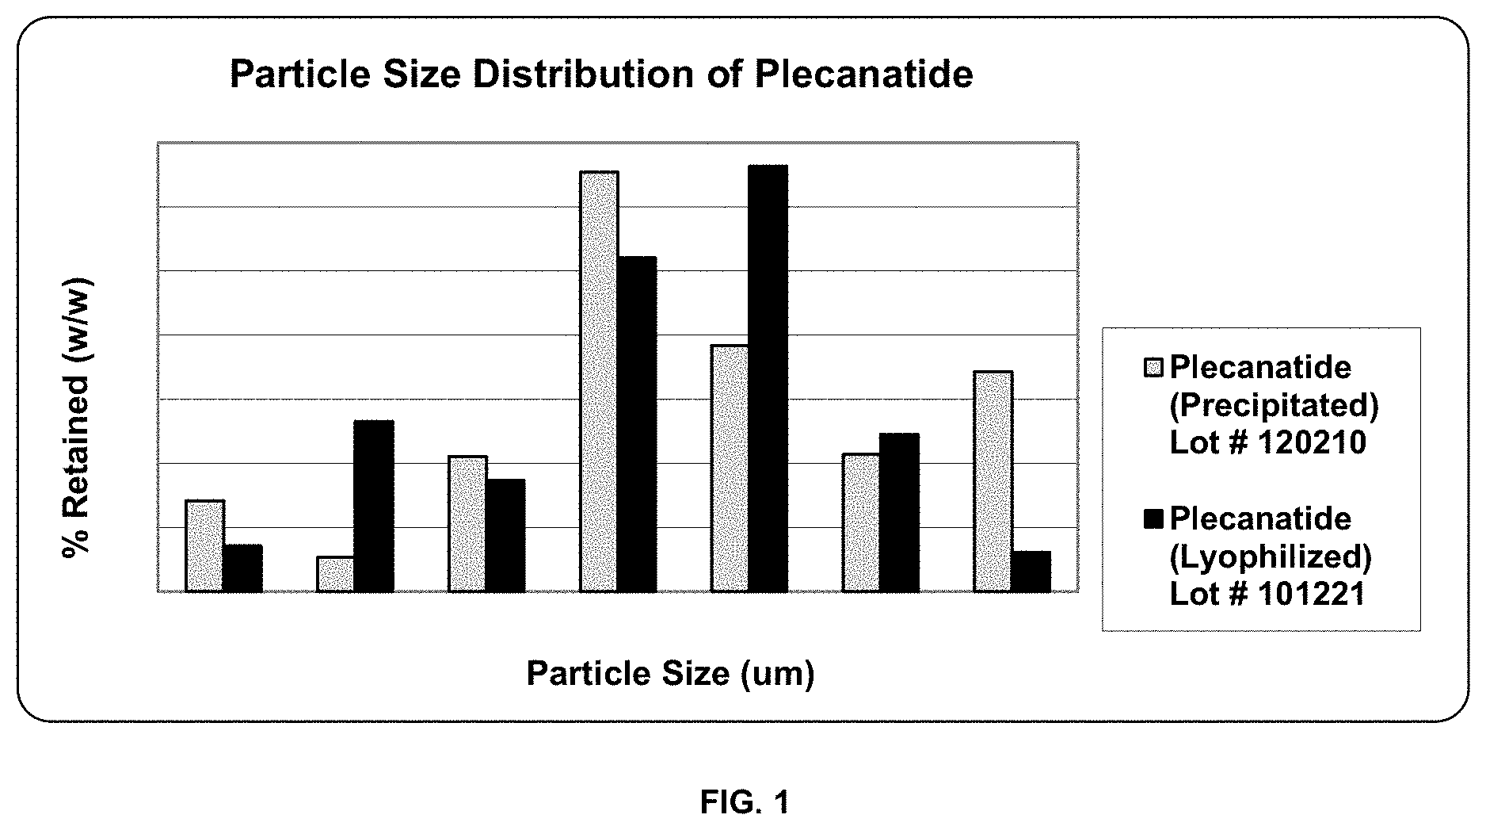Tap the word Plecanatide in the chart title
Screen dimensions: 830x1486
[863, 75]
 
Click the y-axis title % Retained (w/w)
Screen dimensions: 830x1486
[78, 419]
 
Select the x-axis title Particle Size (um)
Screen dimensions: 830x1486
[670, 673]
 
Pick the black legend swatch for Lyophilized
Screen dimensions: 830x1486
[1153, 519]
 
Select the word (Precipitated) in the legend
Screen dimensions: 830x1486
[1274, 405]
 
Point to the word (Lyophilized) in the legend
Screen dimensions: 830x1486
[1271, 557]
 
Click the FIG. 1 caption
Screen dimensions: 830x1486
[744, 802]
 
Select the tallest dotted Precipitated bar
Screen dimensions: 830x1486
[599, 381]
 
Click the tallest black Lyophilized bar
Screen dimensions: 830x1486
[768, 378]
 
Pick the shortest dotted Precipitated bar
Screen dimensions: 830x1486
[335, 574]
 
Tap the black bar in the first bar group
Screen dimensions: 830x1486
[242, 568]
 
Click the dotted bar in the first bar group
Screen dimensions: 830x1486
[204, 545]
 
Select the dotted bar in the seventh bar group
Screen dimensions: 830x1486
[993, 481]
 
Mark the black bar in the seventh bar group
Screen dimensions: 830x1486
[1031, 571]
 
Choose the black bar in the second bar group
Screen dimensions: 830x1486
[373, 506]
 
